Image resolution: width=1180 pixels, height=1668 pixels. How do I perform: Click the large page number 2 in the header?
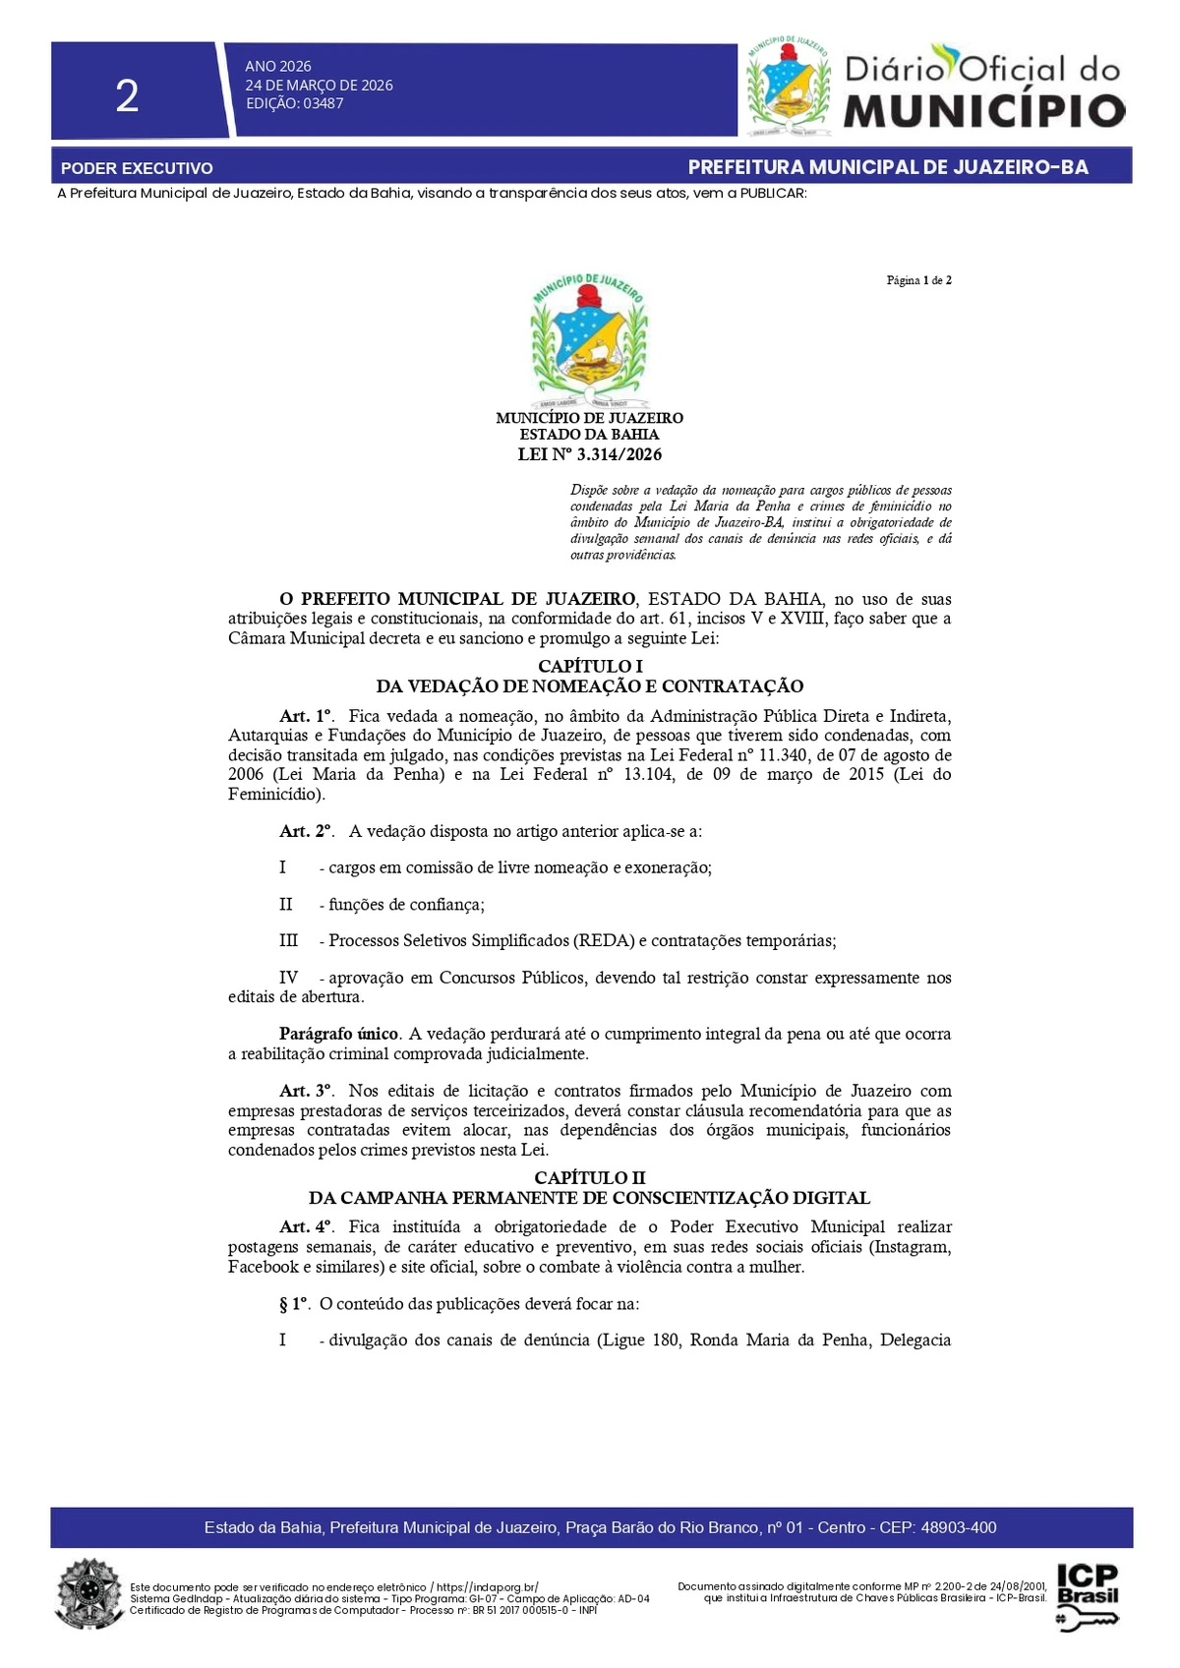(x=127, y=96)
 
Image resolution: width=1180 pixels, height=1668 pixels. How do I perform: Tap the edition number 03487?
(x=324, y=103)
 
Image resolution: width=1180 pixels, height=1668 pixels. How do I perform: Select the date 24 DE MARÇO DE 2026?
(x=319, y=85)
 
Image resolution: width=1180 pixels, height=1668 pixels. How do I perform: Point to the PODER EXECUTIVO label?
(x=137, y=168)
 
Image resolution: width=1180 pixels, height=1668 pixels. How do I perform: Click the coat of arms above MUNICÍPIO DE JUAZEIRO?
(x=589, y=340)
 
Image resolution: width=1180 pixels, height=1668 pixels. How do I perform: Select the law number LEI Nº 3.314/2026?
(x=589, y=454)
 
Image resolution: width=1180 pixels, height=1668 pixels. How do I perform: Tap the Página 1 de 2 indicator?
(x=918, y=280)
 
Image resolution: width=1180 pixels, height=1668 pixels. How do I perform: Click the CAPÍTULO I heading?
(x=590, y=666)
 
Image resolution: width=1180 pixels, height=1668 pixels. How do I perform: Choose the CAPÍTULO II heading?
(x=590, y=1177)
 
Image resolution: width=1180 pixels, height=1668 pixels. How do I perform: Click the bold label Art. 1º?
(x=306, y=716)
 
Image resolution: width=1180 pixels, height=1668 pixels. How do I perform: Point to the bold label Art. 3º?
(x=306, y=1091)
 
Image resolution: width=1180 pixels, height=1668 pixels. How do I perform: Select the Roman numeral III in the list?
(x=288, y=940)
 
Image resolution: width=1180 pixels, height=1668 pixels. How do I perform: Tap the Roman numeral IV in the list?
(x=288, y=978)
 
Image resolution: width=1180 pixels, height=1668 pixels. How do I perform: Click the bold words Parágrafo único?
(x=338, y=1034)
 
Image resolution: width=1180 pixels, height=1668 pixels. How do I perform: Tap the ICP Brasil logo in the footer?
(x=1088, y=1595)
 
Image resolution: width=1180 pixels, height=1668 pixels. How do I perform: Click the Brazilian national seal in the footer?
(x=90, y=1594)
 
